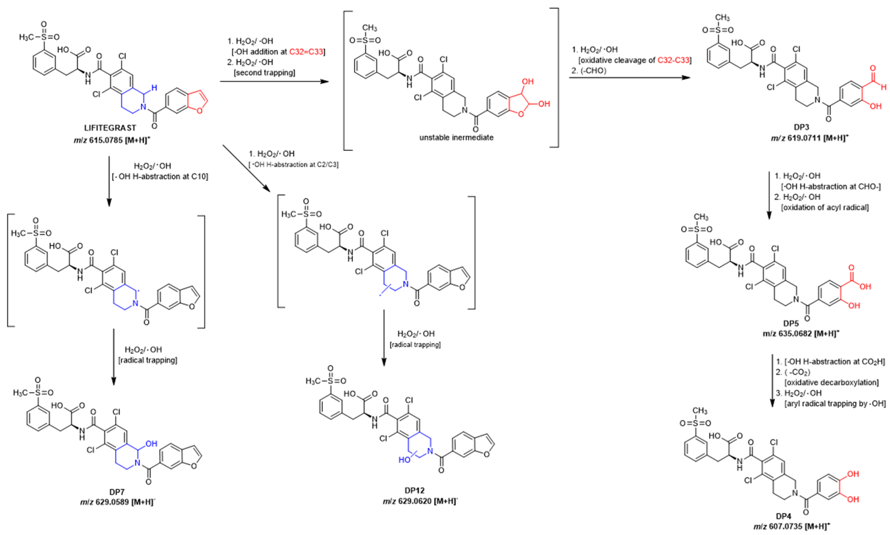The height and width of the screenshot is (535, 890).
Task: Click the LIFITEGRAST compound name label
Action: (110, 128)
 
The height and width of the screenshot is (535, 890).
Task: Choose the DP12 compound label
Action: (414, 490)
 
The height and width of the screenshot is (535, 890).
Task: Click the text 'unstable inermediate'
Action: (456, 137)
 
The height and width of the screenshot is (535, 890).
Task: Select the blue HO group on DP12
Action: (404, 460)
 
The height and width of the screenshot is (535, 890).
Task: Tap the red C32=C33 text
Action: (306, 52)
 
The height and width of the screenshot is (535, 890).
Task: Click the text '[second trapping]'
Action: (265, 73)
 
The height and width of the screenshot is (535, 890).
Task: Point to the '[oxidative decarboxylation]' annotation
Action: (831, 382)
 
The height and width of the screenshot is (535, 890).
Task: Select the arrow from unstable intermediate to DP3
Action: (629, 78)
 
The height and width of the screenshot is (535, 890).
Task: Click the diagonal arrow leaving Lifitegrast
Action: (246, 168)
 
